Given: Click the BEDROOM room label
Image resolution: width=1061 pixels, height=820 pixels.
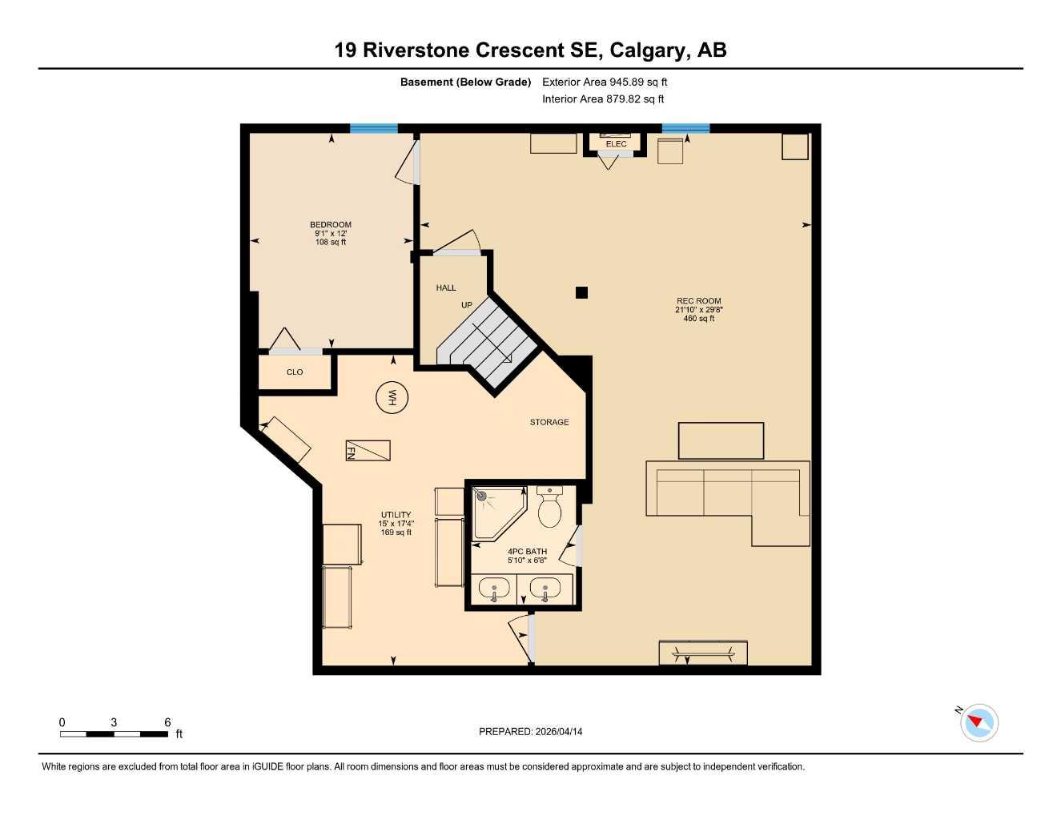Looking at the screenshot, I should point(331,225).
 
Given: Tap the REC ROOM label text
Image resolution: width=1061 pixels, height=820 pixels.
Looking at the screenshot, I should point(698,301).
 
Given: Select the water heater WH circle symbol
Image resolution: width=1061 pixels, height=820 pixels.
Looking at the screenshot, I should point(392,397).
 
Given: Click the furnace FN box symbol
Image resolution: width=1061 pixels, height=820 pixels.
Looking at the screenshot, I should point(368,451).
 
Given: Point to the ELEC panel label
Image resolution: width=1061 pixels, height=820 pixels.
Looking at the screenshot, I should point(616,144).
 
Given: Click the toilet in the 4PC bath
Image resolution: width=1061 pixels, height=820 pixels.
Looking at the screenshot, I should point(549,508).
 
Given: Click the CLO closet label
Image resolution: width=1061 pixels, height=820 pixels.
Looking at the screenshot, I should point(295,372).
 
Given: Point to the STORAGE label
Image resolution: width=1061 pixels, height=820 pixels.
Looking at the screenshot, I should point(549,422).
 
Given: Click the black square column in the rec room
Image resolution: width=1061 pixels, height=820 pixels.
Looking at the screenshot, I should point(582,292).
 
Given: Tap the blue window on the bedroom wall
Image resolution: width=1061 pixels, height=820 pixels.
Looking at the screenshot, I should point(373,128).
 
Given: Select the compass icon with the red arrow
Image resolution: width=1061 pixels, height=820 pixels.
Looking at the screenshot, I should point(979,723).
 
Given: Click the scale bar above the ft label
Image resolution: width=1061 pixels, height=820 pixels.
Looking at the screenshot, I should point(114,734).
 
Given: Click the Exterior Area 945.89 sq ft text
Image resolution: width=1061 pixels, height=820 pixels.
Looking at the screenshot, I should point(605,82).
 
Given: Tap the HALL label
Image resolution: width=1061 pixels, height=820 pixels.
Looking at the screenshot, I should point(446,287).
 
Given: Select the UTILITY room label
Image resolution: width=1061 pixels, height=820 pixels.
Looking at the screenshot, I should point(396,515).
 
